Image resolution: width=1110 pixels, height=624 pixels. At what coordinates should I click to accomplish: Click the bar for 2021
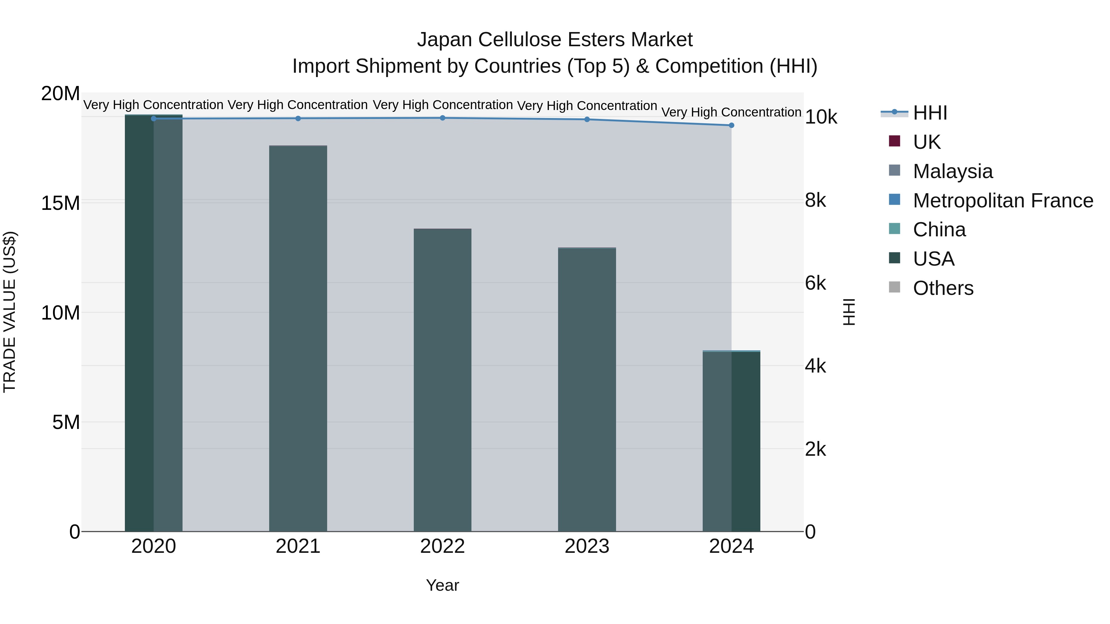click(x=298, y=338)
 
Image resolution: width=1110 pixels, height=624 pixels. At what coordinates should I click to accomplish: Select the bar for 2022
click(x=442, y=380)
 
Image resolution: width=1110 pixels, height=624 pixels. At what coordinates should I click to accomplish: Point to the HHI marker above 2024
click(x=731, y=125)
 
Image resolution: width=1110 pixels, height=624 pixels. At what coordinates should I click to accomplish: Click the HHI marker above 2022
click(x=442, y=118)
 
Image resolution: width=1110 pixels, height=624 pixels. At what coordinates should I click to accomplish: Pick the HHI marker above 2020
click(x=154, y=118)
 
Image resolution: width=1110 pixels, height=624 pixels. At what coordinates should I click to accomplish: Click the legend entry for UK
click(x=927, y=142)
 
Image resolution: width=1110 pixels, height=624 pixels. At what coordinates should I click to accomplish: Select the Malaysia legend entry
click(x=953, y=171)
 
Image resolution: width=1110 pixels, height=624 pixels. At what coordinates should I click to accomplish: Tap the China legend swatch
click(x=894, y=229)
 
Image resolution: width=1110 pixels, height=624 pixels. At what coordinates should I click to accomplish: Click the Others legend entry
click(x=943, y=288)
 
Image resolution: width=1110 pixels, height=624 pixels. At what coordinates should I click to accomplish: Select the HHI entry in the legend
click(x=930, y=113)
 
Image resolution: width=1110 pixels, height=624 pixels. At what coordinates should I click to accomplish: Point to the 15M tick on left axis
click(x=60, y=203)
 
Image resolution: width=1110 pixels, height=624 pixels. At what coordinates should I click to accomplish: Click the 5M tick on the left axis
click(x=65, y=422)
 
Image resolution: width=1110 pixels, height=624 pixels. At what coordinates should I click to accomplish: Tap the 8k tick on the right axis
click(x=815, y=200)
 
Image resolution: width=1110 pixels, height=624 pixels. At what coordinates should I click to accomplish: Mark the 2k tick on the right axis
click(x=815, y=449)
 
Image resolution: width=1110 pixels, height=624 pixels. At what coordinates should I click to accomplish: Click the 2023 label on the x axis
click(x=587, y=546)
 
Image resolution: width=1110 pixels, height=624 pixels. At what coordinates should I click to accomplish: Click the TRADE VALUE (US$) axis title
click(x=10, y=312)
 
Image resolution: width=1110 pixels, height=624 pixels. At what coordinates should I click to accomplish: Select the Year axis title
click(x=442, y=585)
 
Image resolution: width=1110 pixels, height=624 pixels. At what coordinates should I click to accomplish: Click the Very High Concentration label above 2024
click(x=731, y=112)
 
